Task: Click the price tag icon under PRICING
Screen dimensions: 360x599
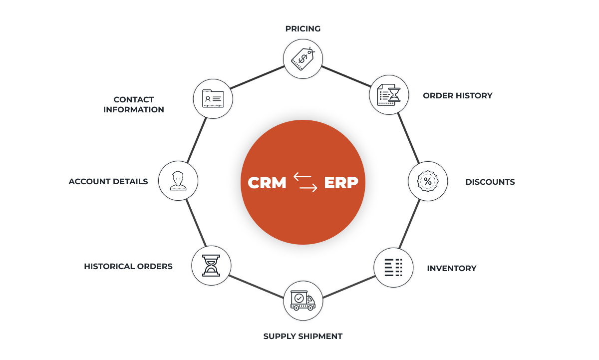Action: [303, 58]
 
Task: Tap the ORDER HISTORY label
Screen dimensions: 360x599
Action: [457, 95]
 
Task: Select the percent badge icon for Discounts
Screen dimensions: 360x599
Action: [428, 181]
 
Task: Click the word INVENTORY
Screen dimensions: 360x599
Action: [451, 268]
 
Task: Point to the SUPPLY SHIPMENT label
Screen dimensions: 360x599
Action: [302, 336]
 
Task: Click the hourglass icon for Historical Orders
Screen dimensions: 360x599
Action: [211, 266]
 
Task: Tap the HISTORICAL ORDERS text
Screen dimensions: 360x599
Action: [128, 266]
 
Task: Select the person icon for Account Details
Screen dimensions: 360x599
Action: [178, 181]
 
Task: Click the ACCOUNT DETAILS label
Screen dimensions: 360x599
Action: [108, 181]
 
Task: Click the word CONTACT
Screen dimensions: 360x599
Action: [134, 99]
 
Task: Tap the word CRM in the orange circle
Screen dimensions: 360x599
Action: [267, 183]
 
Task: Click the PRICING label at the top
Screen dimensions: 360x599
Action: [302, 29]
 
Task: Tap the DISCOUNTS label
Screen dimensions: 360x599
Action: [490, 182]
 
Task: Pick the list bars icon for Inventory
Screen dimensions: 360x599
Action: [393, 267]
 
